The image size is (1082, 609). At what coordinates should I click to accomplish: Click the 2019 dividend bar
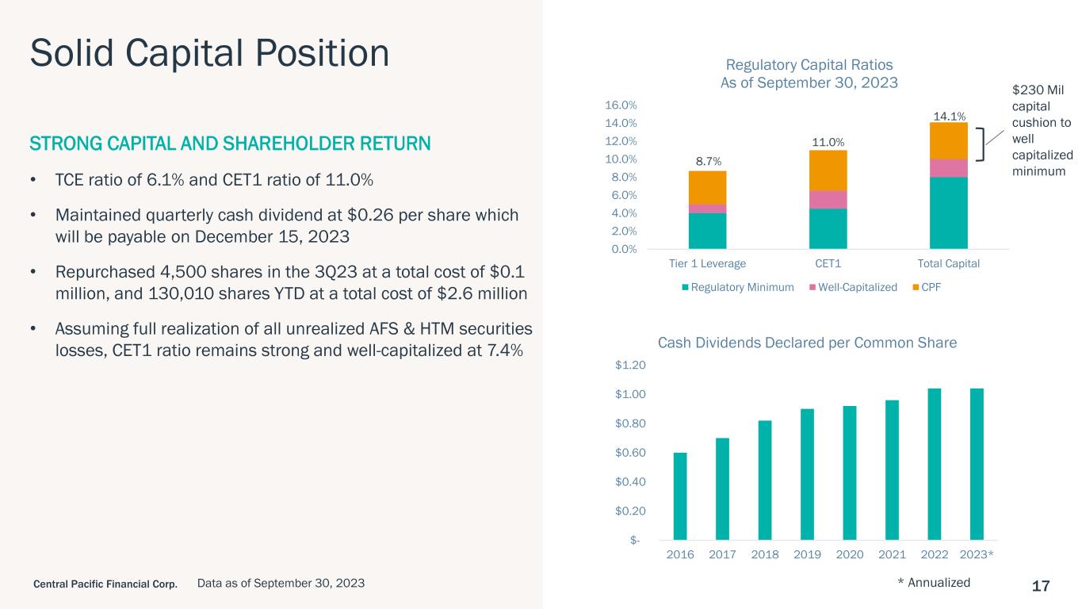click(x=807, y=474)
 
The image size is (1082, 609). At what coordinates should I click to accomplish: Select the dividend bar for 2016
click(x=680, y=496)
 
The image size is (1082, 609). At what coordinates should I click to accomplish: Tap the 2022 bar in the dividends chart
click(x=935, y=464)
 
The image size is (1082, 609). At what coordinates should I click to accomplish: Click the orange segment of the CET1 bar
click(x=828, y=170)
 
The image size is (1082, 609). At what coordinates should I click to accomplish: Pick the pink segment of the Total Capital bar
click(x=949, y=168)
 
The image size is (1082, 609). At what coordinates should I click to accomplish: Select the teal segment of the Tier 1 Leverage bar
click(x=708, y=231)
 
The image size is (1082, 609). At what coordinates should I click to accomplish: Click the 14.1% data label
click(x=949, y=116)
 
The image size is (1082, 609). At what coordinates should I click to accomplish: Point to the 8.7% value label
click(x=708, y=161)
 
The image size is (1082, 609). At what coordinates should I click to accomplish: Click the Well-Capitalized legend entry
click(x=853, y=287)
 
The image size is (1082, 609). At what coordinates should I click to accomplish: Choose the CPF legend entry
click(x=927, y=287)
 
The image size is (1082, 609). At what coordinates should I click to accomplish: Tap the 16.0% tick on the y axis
click(x=621, y=105)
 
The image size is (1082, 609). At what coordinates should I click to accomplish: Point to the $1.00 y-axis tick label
click(x=630, y=394)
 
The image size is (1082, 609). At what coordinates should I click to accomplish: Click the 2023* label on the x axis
click(x=977, y=554)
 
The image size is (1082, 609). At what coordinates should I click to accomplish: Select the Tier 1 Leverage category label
click(x=707, y=263)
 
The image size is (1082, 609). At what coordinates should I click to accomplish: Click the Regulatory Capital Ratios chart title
click(x=809, y=74)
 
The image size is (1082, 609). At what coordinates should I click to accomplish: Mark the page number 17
click(x=1041, y=586)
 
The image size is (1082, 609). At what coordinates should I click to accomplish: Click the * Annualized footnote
click(x=934, y=582)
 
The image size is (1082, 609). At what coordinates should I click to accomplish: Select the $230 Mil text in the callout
click(x=1038, y=90)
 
